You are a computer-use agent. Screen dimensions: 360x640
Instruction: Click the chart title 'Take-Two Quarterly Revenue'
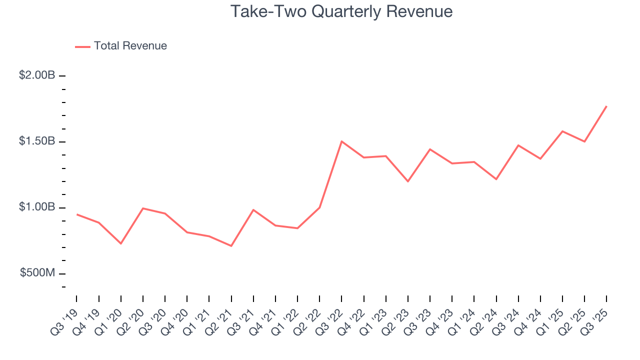(x=341, y=11)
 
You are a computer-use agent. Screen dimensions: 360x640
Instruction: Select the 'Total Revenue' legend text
(x=130, y=46)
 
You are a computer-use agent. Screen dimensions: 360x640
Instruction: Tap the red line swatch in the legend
(x=82, y=46)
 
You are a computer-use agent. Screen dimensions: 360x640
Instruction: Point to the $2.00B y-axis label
(x=37, y=75)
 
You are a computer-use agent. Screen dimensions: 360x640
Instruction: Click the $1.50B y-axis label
(x=37, y=141)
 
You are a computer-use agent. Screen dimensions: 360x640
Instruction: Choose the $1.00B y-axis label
(x=37, y=207)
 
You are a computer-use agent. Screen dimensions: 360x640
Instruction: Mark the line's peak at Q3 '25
(x=606, y=106)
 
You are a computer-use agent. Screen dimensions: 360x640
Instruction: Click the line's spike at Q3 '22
(x=341, y=141)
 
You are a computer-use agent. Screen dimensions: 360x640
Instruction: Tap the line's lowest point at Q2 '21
(x=231, y=246)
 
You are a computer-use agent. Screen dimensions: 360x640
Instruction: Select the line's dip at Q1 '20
(x=120, y=243)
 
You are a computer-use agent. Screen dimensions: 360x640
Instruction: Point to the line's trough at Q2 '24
(x=496, y=179)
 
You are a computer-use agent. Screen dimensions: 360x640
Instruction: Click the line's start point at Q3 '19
(x=76, y=214)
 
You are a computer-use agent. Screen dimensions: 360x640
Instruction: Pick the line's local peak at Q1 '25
(x=562, y=131)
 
